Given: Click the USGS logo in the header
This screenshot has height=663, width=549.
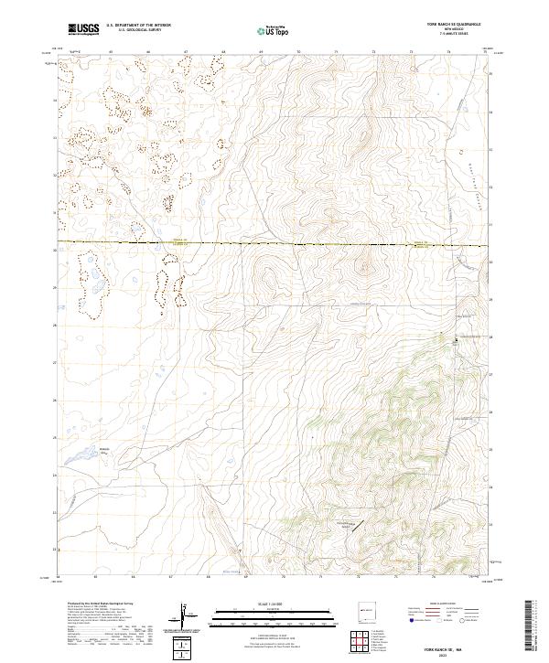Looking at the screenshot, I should pyautogui.click(x=83, y=29).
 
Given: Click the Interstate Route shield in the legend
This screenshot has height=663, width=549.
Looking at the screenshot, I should pyautogui.click(x=410, y=619).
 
